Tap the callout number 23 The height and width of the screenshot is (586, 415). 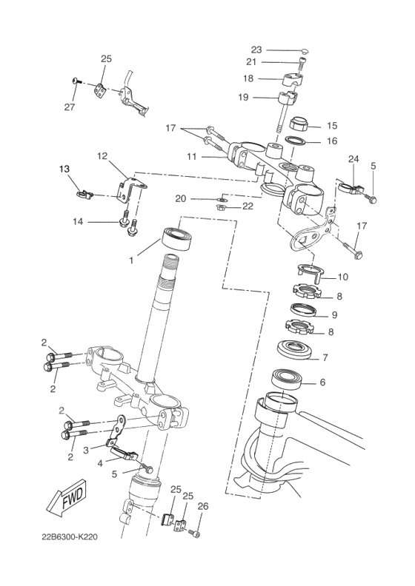click(256, 50)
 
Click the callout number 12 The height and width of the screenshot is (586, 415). click(102, 156)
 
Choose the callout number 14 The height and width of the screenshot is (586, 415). click(77, 221)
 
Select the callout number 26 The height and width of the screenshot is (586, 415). click(203, 507)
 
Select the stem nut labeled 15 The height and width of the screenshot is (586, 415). click(300, 123)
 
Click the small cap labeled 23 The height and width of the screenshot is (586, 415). click(304, 51)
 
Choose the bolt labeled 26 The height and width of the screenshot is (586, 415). click(196, 533)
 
